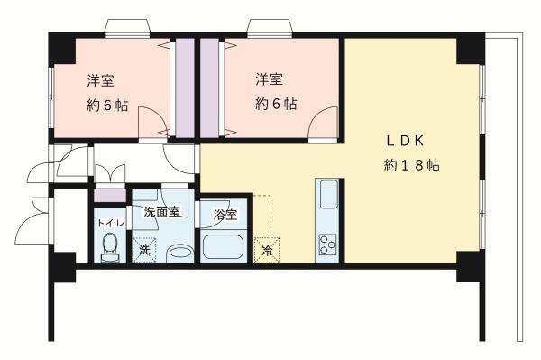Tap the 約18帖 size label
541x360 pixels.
(x=411, y=166)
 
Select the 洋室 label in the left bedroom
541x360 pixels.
(x=100, y=79)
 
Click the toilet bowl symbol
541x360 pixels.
(x=109, y=246)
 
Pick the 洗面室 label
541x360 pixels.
(x=161, y=212)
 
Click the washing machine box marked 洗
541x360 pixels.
(x=142, y=250)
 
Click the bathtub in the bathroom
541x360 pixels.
(x=223, y=248)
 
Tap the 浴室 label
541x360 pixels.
(x=225, y=215)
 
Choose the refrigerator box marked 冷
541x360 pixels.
(x=268, y=249)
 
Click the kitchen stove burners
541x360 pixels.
(x=326, y=244)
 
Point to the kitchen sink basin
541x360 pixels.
(x=327, y=195)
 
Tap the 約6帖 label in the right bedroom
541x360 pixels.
(x=275, y=105)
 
